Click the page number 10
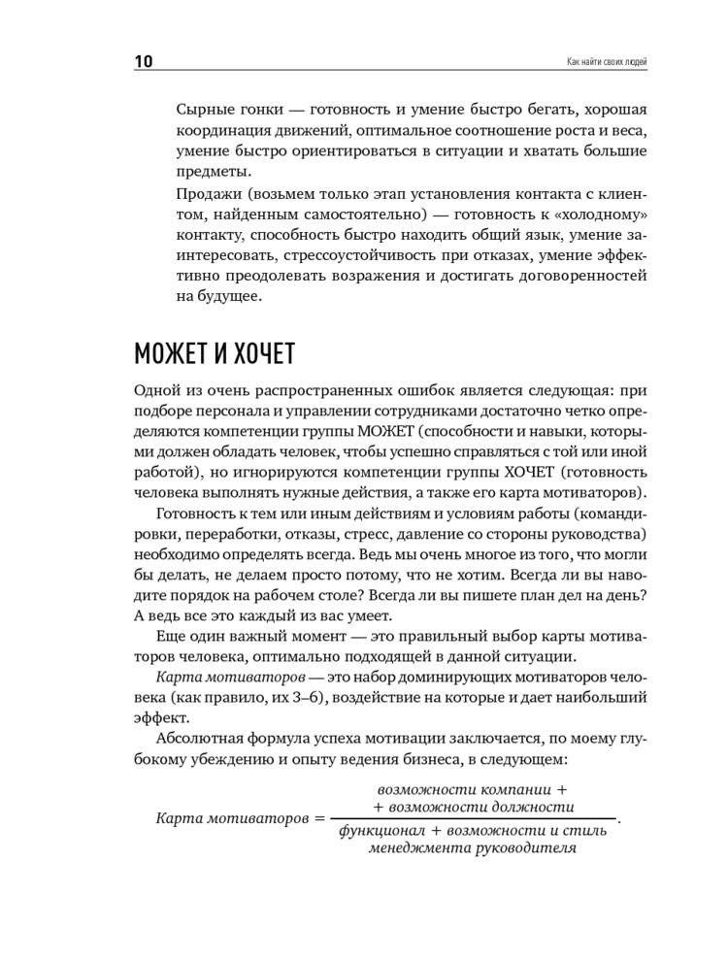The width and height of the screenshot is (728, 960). coord(142,63)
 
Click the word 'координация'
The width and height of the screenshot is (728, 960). coord(224,131)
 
